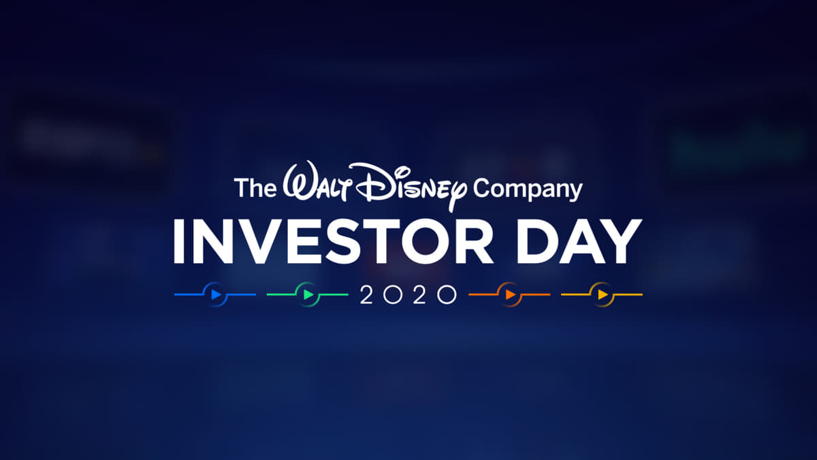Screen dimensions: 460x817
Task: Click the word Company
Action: (528, 189)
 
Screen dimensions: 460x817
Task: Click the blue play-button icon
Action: (216, 295)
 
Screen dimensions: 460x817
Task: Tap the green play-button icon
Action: (308, 295)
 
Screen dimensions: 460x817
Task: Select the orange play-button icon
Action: (509, 295)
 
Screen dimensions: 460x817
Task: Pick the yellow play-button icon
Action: (602, 295)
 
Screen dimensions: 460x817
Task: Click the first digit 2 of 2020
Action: (366, 295)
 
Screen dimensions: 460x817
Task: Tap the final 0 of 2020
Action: (447, 295)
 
